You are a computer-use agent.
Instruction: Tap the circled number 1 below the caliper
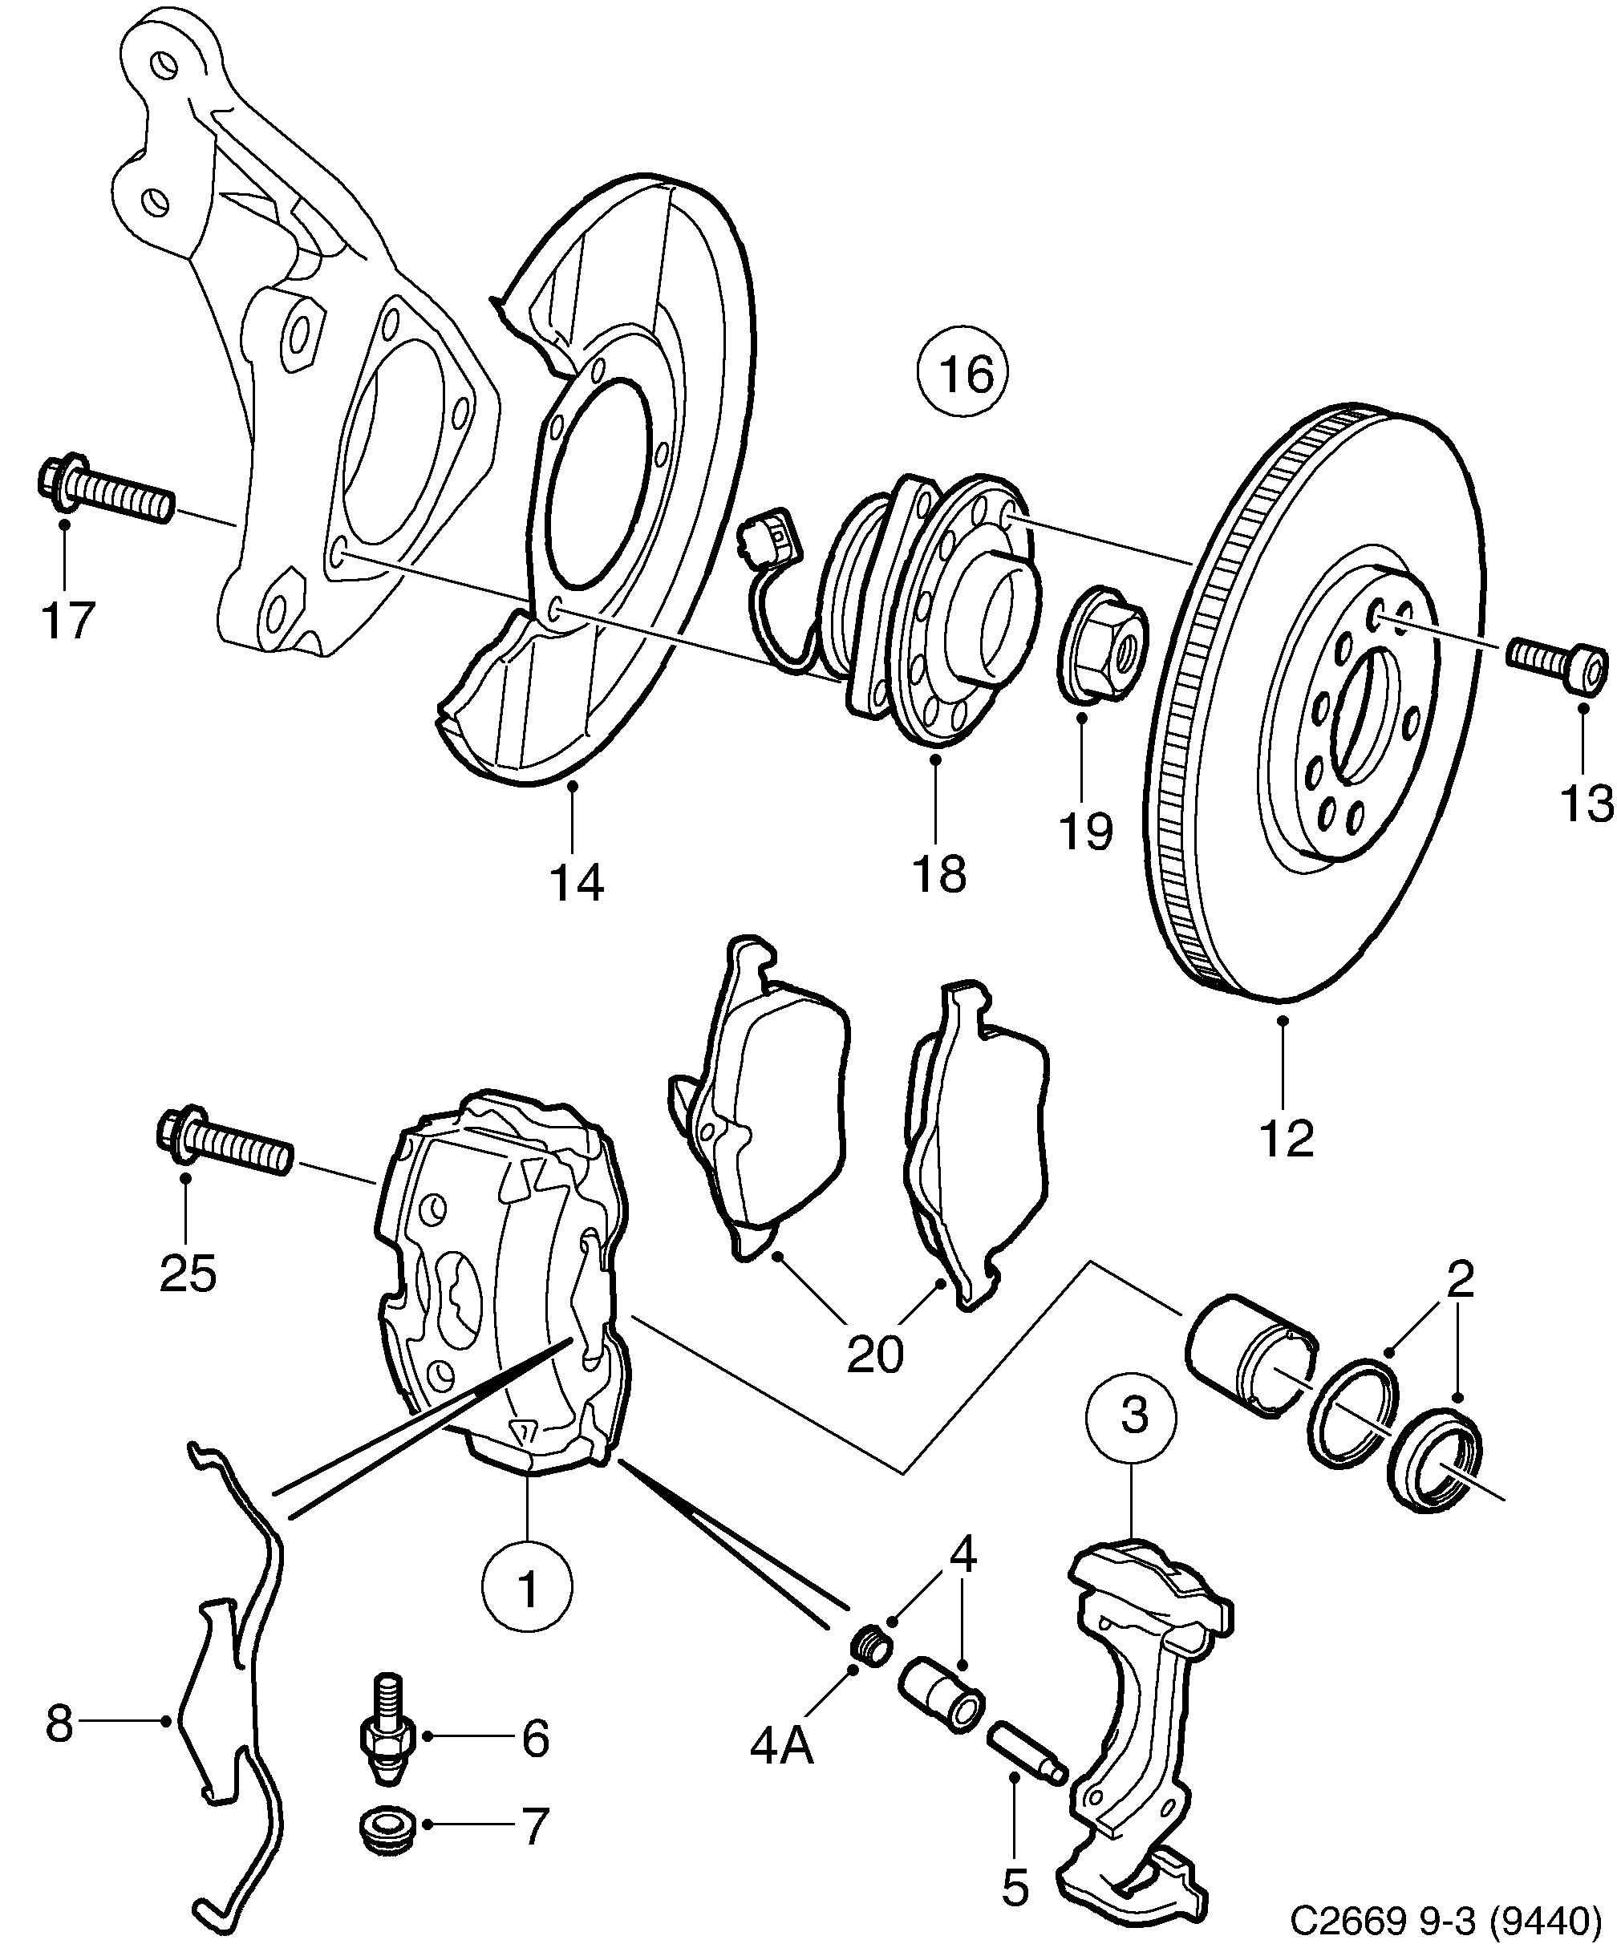click(528, 1587)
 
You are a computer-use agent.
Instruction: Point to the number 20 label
click(874, 1355)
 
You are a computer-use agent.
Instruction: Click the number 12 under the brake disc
click(1287, 1138)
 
